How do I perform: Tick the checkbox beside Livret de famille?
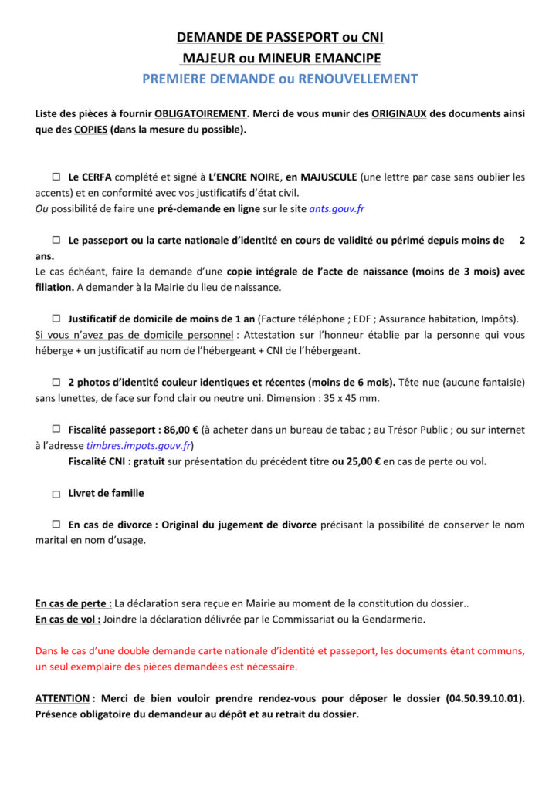tap(56, 495)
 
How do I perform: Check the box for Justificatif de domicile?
tap(56, 318)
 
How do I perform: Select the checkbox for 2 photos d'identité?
tap(56, 381)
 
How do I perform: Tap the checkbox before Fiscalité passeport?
tap(56, 429)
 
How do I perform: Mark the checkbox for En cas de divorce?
tap(56, 525)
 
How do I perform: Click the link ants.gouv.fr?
tap(337, 208)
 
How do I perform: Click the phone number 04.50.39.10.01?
tap(485, 698)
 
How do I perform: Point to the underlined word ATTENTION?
tap(63, 698)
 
